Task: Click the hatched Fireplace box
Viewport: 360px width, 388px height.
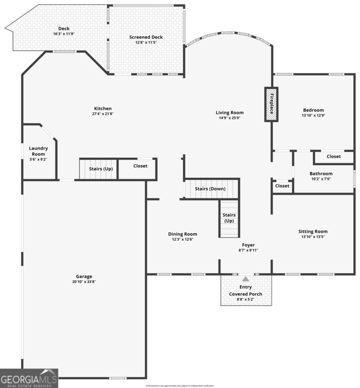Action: [271, 104]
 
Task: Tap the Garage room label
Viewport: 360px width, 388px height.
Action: [84, 276]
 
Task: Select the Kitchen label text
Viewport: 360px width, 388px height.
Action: [103, 108]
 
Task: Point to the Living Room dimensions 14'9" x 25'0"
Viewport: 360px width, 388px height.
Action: [230, 118]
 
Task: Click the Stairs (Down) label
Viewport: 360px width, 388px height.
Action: [210, 189]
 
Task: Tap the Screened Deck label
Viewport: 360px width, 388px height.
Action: [146, 37]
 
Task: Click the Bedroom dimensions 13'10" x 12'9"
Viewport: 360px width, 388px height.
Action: [313, 115]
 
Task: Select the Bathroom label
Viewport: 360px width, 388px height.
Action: [321, 174]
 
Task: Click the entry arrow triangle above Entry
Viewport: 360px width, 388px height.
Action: [245, 280]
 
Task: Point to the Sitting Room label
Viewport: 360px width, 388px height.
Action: [313, 231]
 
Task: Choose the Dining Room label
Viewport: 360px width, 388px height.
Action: [182, 234]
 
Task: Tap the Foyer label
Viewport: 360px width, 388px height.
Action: [248, 245]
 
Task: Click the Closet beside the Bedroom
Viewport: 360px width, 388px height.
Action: [333, 156]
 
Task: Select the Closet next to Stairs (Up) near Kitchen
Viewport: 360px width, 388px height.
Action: [140, 166]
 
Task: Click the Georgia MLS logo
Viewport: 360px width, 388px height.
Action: [29, 378]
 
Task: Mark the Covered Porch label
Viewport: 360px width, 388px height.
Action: [245, 294]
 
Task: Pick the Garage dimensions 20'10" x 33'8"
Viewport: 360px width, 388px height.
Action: [84, 282]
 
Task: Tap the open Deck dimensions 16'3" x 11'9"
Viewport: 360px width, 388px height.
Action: [63, 34]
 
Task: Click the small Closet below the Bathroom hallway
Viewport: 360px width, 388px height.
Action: [282, 186]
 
